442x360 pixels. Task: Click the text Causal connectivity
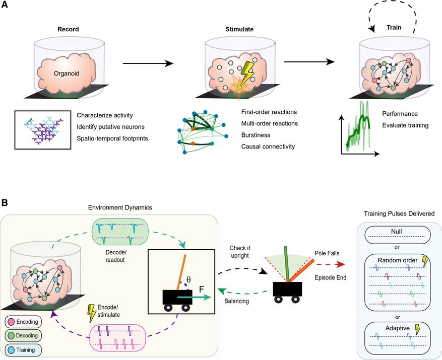tap(265, 146)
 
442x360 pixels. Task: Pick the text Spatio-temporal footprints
tap(112, 136)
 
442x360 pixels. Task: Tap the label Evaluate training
tap(406, 125)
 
